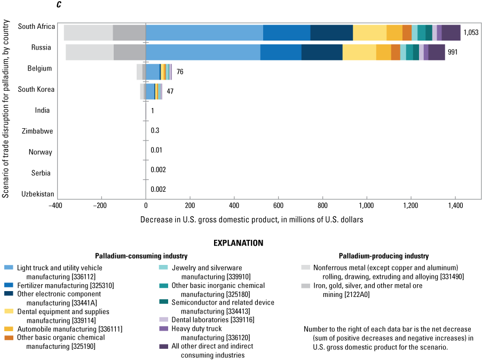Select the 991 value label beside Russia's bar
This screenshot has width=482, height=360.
point(453,53)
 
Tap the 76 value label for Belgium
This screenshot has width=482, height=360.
point(180,71)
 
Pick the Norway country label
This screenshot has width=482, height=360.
point(41,152)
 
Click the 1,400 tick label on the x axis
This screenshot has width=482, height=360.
point(455,205)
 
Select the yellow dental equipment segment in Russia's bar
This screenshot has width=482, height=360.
point(359,53)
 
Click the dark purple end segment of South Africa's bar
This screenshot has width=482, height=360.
point(451,33)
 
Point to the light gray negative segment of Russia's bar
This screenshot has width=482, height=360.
point(90,53)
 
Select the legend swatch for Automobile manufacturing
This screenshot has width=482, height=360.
point(8,329)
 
